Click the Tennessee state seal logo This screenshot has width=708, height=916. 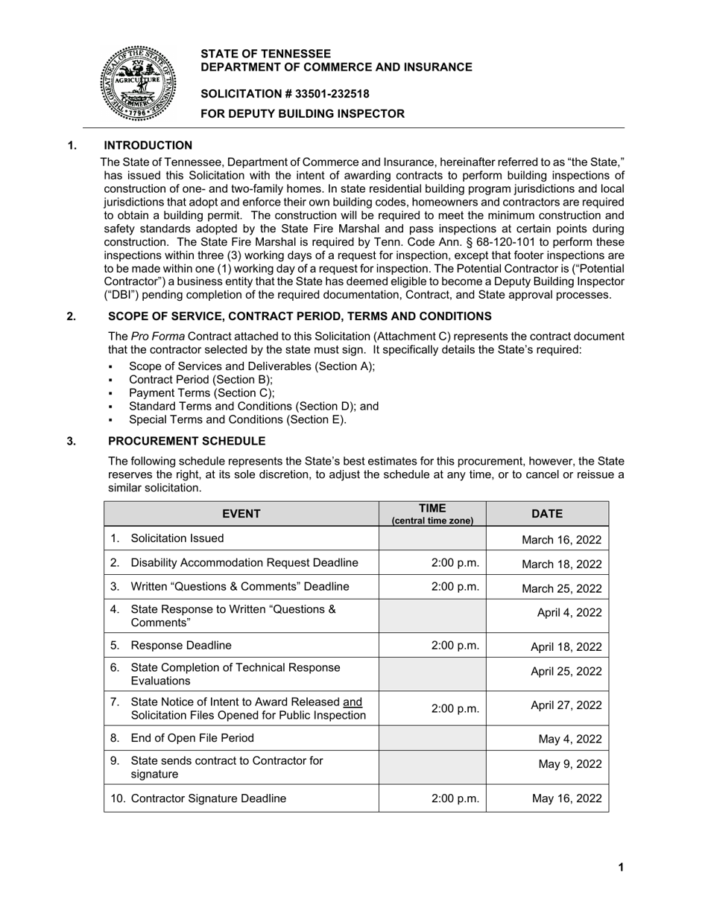point(139,83)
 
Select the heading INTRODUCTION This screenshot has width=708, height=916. point(148,145)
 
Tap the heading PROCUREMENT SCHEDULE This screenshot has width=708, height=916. point(186,441)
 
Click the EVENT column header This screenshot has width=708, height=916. point(241,514)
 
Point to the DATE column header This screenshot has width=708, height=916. point(547,514)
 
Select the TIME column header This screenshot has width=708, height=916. point(432,514)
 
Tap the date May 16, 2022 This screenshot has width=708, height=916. point(566,798)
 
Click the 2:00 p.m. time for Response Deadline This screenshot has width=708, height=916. point(455,646)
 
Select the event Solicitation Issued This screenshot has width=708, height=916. point(177,538)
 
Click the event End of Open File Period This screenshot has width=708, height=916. point(192,738)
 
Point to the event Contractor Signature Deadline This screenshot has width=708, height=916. point(208,798)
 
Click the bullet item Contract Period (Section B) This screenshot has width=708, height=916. point(200,380)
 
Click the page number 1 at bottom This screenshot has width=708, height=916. point(621,867)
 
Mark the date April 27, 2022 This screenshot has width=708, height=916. point(566,705)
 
